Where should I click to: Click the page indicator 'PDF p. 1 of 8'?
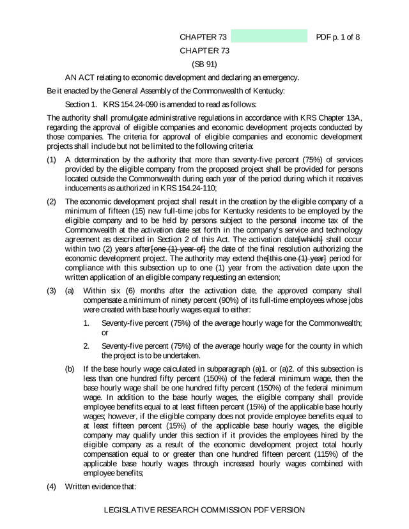pos(338,36)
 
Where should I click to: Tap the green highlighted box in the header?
pos(270,36)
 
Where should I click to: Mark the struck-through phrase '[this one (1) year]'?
pos(297,259)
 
